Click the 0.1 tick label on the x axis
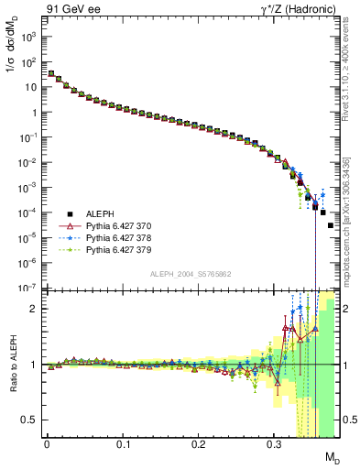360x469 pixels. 123,444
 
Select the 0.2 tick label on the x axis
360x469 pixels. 198,444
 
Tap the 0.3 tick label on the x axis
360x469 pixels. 274,444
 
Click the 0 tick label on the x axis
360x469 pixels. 47,444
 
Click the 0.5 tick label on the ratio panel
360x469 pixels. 30,420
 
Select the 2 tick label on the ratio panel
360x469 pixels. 35,309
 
